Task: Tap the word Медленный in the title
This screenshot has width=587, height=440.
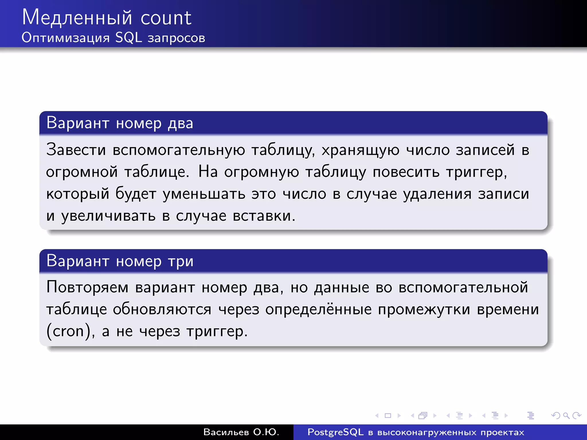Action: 77,18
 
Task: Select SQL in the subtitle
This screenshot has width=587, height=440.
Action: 128,38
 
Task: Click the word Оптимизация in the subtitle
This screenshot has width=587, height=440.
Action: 66,38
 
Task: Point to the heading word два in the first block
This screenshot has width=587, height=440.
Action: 180,123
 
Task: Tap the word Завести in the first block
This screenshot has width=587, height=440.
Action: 76,150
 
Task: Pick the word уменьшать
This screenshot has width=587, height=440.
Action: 204,194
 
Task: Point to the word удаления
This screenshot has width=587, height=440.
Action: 437,194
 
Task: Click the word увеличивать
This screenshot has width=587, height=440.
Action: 108,216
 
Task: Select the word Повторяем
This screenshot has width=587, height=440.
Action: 87,287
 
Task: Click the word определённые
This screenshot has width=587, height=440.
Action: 318,309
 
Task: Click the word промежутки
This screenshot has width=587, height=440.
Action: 424,309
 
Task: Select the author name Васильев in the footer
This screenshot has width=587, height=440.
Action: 226,432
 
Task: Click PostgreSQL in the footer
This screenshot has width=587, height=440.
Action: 335,432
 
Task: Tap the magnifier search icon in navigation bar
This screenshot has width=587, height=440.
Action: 566,415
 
